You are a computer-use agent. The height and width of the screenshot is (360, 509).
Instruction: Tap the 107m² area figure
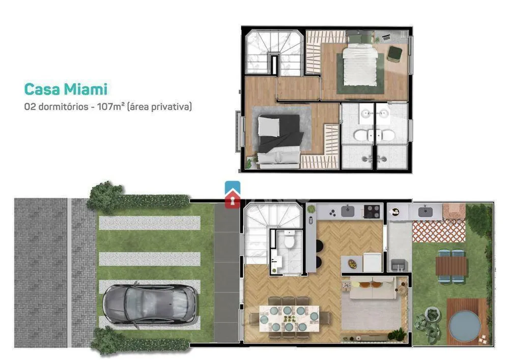tap(111, 106)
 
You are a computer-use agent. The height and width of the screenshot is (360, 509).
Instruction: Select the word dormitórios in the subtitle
tap(63, 106)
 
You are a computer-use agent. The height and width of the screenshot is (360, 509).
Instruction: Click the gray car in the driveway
tap(150, 304)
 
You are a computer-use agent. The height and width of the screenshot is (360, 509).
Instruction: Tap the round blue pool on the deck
tap(465, 325)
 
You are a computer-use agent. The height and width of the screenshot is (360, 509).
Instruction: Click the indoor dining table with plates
tap(289, 318)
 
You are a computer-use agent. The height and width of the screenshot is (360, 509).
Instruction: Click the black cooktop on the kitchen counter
tap(372, 211)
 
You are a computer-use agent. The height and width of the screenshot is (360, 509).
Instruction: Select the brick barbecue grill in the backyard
tap(454, 211)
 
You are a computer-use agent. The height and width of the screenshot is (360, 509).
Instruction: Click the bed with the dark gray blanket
tap(279, 141)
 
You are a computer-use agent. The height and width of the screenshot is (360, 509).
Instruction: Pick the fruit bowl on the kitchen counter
tap(352, 264)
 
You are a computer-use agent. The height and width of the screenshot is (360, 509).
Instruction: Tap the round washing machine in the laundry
tap(395, 212)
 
